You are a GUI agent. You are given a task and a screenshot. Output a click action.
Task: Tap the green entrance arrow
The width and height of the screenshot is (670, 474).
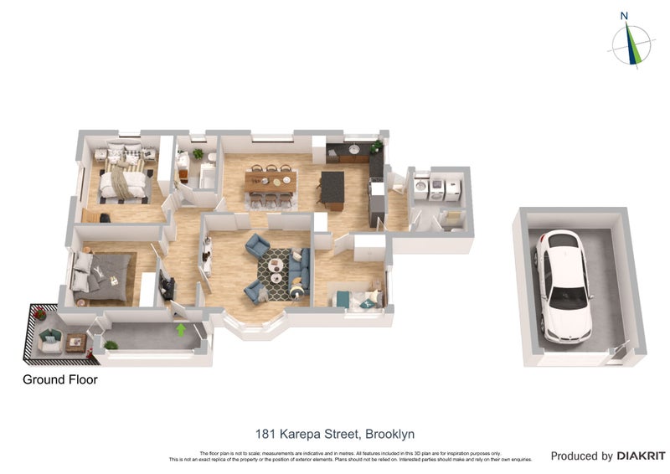(180, 330)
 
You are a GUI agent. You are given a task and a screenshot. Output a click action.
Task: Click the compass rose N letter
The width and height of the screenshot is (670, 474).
(624, 15)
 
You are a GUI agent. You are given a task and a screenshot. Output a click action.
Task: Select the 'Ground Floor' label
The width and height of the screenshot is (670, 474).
(59, 379)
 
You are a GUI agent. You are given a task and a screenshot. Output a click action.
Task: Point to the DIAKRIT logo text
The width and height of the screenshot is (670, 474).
(641, 456)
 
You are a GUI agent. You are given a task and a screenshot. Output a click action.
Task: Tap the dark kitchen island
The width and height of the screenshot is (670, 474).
(332, 188)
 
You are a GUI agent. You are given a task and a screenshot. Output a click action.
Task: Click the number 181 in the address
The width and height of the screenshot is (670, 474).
(265, 434)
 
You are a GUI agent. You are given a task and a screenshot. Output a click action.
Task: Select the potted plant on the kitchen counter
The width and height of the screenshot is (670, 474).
(376, 147)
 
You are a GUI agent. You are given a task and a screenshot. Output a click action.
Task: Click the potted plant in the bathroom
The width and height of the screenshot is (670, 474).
(198, 153)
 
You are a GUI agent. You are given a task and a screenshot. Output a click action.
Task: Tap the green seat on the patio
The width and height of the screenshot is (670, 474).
(49, 337)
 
